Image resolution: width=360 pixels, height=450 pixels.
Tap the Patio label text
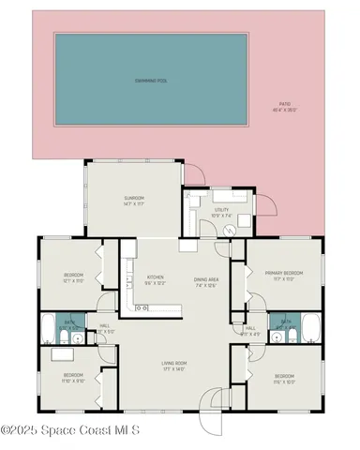[x=284, y=107]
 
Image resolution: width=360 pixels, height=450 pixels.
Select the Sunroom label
[x=133, y=200]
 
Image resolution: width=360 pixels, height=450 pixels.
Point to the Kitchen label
[x=156, y=279]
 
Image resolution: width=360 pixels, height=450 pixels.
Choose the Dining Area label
[x=206, y=281]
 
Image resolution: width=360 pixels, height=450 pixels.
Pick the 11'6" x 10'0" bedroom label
[x=284, y=380]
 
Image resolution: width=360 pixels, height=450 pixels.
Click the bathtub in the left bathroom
[x=49, y=328]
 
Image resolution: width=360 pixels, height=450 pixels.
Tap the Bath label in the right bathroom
[x=282, y=321]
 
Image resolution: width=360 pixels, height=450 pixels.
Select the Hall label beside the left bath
[x=106, y=329]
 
